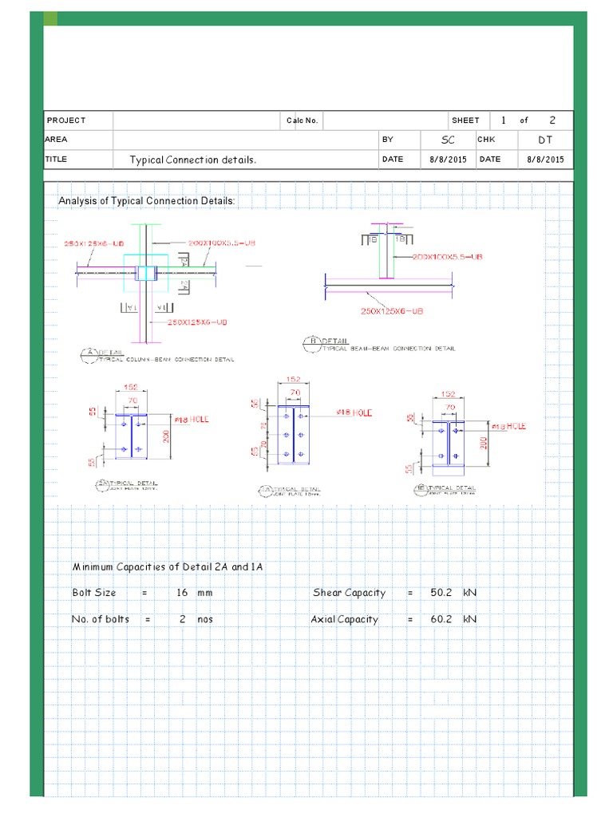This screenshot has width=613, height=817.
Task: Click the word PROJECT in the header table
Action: point(66,120)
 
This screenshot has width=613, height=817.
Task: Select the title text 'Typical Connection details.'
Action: point(194,160)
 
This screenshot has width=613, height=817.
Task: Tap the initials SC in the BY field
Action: point(448,140)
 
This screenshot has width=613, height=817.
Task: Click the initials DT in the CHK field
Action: point(545,140)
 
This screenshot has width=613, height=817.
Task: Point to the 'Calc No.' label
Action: point(303,120)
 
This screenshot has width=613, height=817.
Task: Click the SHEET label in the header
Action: point(465,120)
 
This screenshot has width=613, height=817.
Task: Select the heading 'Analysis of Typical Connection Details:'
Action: point(147,201)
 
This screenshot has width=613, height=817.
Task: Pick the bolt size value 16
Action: point(183,593)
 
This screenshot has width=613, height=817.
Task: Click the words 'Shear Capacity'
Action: point(349,593)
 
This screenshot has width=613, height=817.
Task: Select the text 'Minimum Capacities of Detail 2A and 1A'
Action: point(168,566)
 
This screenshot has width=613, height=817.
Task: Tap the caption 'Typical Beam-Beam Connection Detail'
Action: point(389,349)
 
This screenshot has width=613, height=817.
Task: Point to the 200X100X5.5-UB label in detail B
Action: point(449,257)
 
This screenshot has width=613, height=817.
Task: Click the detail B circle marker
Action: point(309,343)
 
